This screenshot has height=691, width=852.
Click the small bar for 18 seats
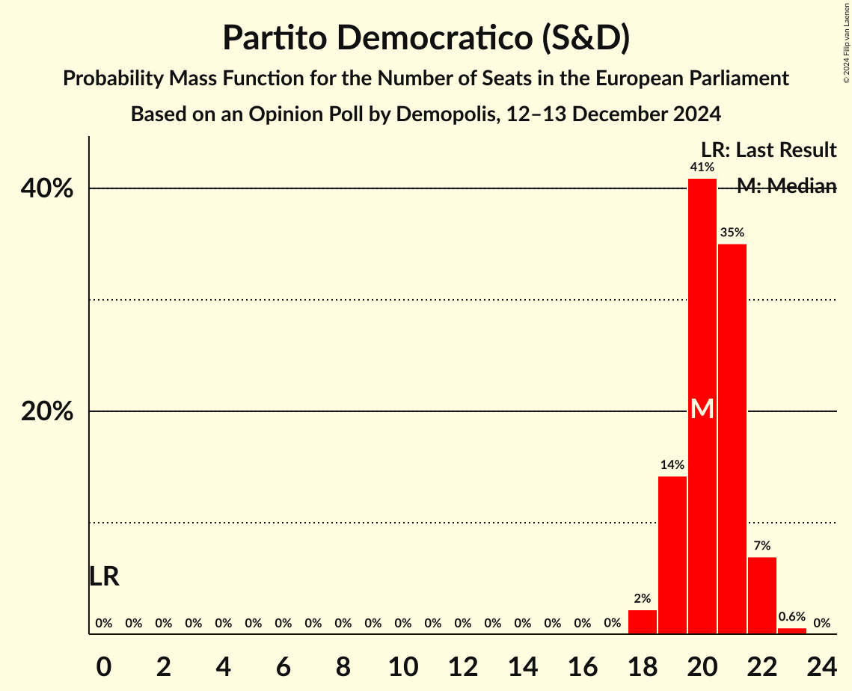(x=642, y=622)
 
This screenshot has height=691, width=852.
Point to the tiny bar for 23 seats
(x=791, y=631)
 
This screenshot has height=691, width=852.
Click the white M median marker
(x=702, y=409)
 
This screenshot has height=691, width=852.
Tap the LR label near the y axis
(x=104, y=577)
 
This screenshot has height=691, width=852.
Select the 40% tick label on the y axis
(x=47, y=188)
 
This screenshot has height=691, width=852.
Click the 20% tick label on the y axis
(x=47, y=411)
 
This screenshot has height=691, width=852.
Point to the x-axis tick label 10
(x=402, y=665)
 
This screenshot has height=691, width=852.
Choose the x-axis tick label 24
(x=821, y=665)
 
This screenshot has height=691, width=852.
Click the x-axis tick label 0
(x=104, y=665)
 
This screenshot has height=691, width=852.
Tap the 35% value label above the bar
(x=732, y=233)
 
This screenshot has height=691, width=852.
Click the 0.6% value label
(x=791, y=617)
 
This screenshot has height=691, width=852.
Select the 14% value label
(x=672, y=465)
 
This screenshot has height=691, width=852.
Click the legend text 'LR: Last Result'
(x=768, y=150)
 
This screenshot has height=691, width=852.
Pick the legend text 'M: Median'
(x=786, y=186)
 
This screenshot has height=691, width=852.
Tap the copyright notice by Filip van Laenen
(x=846, y=41)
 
